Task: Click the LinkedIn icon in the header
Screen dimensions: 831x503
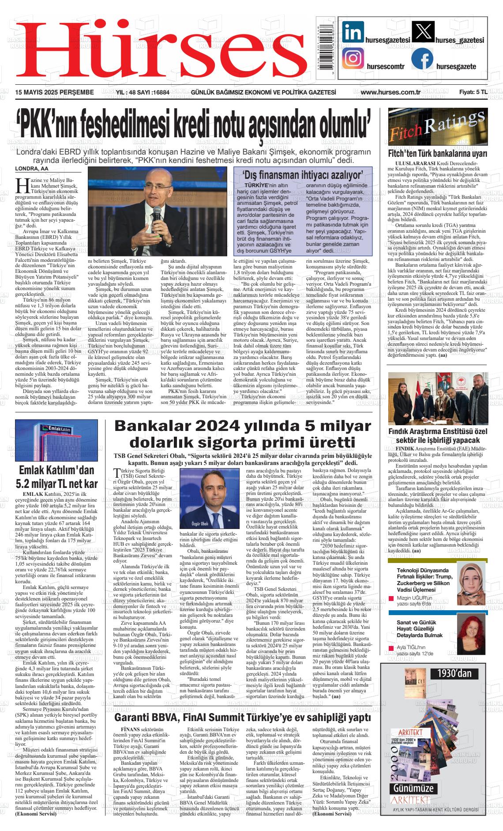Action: click(353, 32)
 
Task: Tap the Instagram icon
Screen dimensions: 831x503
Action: click(353, 59)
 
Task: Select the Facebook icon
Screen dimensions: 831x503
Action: click(422, 59)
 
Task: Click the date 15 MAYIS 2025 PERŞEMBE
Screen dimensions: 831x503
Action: click(55, 92)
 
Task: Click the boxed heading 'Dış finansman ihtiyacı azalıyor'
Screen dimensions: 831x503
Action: click(303, 174)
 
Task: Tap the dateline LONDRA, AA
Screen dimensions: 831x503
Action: click(32, 169)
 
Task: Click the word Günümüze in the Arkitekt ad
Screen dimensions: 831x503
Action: click(413, 788)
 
